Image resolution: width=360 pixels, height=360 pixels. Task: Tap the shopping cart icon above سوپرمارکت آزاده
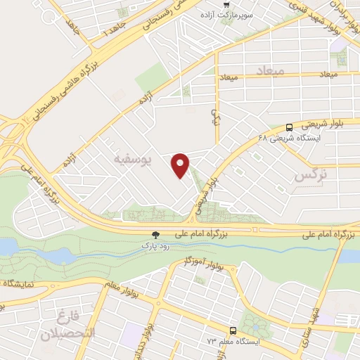pyautogui.click(x=245, y=5)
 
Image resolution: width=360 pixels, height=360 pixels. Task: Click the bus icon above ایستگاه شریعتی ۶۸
pyautogui.click(x=290, y=127)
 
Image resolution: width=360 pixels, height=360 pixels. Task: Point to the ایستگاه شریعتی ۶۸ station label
pyautogui.click(x=289, y=139)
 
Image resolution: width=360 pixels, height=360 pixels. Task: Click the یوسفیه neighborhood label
pyautogui.click(x=132, y=160)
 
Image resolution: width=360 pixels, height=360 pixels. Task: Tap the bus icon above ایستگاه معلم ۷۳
pyautogui.click(x=232, y=330)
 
